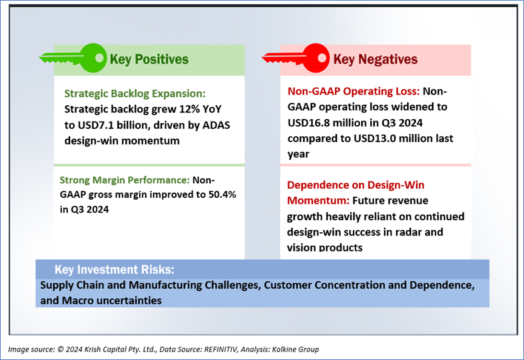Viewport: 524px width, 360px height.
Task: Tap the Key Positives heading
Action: point(149,59)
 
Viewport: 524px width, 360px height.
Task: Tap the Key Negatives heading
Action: point(375,59)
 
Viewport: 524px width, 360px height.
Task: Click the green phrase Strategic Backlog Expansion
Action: point(135,94)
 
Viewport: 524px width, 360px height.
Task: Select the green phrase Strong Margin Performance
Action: point(125,180)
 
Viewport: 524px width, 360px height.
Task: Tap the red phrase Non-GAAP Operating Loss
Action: point(354,92)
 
